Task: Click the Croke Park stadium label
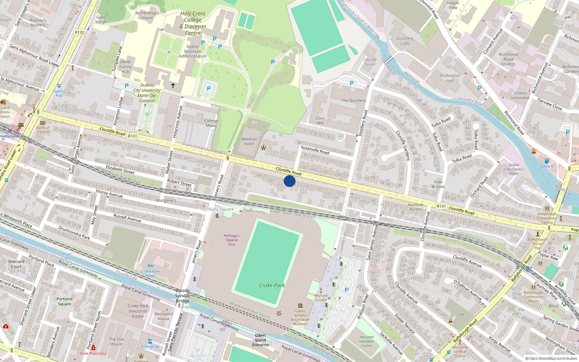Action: pyautogui.click(x=272, y=285)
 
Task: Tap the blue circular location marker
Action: pyautogui.click(x=289, y=181)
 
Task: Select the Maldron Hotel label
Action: pyautogui.click(x=249, y=141)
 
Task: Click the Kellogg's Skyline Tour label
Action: pyautogui.click(x=232, y=240)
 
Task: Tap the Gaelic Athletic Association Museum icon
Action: pyautogui.click(x=300, y=306)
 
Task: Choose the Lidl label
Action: pyautogui.click(x=461, y=314)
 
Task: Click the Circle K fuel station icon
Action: pyautogui.click(x=547, y=161)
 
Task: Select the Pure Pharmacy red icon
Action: pyautogui.click(x=93, y=348)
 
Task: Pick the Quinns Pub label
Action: pyautogui.click(x=59, y=93)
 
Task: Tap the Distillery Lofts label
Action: pyautogui.click(x=405, y=41)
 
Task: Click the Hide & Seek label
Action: pyautogui.click(x=438, y=184)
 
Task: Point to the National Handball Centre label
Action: pyautogui.click(x=366, y=341)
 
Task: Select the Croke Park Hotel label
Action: pyautogui.click(x=150, y=273)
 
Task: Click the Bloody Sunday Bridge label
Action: pyautogui.click(x=182, y=296)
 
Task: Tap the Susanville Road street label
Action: pyautogui.click(x=315, y=150)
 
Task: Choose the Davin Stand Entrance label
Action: pyautogui.click(x=260, y=340)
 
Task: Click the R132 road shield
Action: pyautogui.click(x=80, y=32)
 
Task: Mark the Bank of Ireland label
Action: pyautogui.click(x=43, y=130)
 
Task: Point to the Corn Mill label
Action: pyautogui.click(x=320, y=121)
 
